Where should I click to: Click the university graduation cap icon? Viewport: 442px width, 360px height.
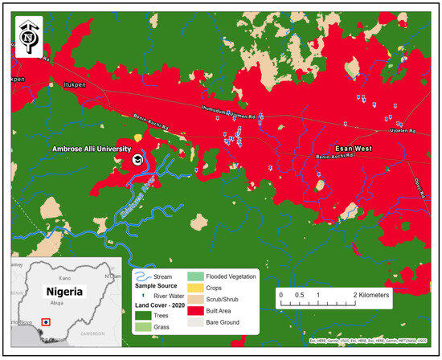[x=138, y=161]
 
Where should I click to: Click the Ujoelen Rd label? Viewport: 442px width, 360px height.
[x=403, y=130]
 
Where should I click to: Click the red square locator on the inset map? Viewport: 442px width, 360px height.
[x=47, y=321]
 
